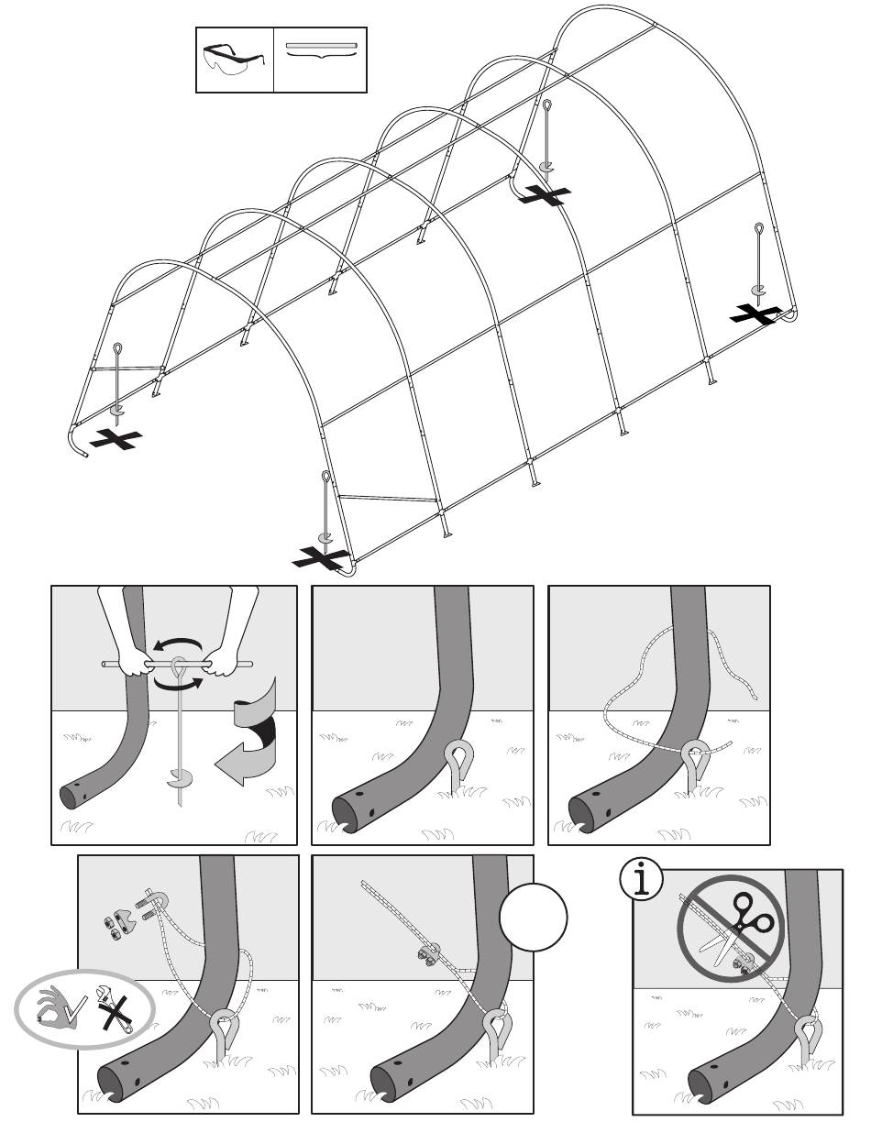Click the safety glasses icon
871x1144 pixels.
234,59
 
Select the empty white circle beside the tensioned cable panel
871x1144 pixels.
534,918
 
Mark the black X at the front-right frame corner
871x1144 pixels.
321,555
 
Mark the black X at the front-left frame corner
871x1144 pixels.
115,439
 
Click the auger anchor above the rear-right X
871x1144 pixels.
760,261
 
